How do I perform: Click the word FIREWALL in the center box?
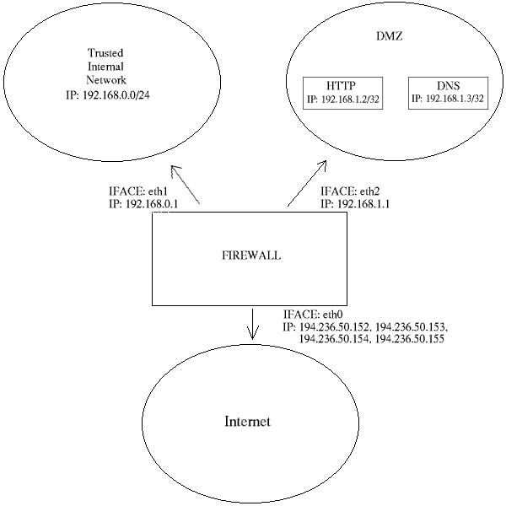[x=251, y=256]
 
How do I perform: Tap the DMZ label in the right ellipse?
[x=390, y=35]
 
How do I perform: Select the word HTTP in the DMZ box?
[x=341, y=85]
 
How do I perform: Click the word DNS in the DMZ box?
[x=449, y=85]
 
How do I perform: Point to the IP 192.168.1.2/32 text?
[x=342, y=99]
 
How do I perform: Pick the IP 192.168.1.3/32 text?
[x=448, y=98]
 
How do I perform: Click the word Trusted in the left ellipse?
[x=105, y=52]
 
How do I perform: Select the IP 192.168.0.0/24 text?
[x=108, y=95]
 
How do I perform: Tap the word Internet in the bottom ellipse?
[x=247, y=422]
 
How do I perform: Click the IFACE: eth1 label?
[x=138, y=191]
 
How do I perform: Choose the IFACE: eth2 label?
[x=350, y=191]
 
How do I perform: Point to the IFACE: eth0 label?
[x=313, y=314]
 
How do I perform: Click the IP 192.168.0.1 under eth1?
[x=143, y=204]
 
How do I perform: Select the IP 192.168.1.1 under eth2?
[x=355, y=204]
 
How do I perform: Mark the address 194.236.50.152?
[x=334, y=326]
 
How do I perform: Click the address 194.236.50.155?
[x=410, y=339]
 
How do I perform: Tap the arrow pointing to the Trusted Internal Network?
[x=186, y=185]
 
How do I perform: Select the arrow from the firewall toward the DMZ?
[x=307, y=183]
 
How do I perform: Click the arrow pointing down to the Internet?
[x=252, y=325]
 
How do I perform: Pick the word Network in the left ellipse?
[x=106, y=80]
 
